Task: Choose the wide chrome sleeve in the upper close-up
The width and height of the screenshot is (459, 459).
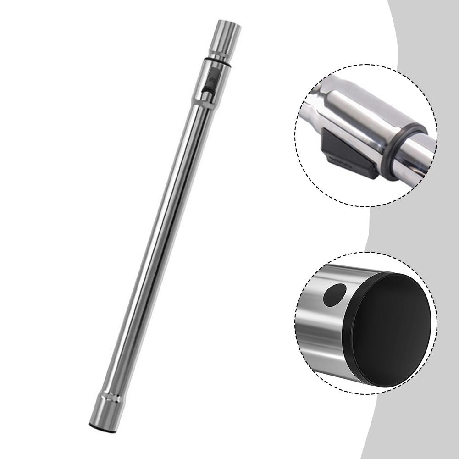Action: tap(362, 119)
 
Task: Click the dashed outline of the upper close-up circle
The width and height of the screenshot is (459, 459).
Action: tap(365, 64)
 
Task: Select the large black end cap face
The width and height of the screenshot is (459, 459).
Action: tap(392, 323)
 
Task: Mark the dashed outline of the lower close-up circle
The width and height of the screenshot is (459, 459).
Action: tap(365, 252)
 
